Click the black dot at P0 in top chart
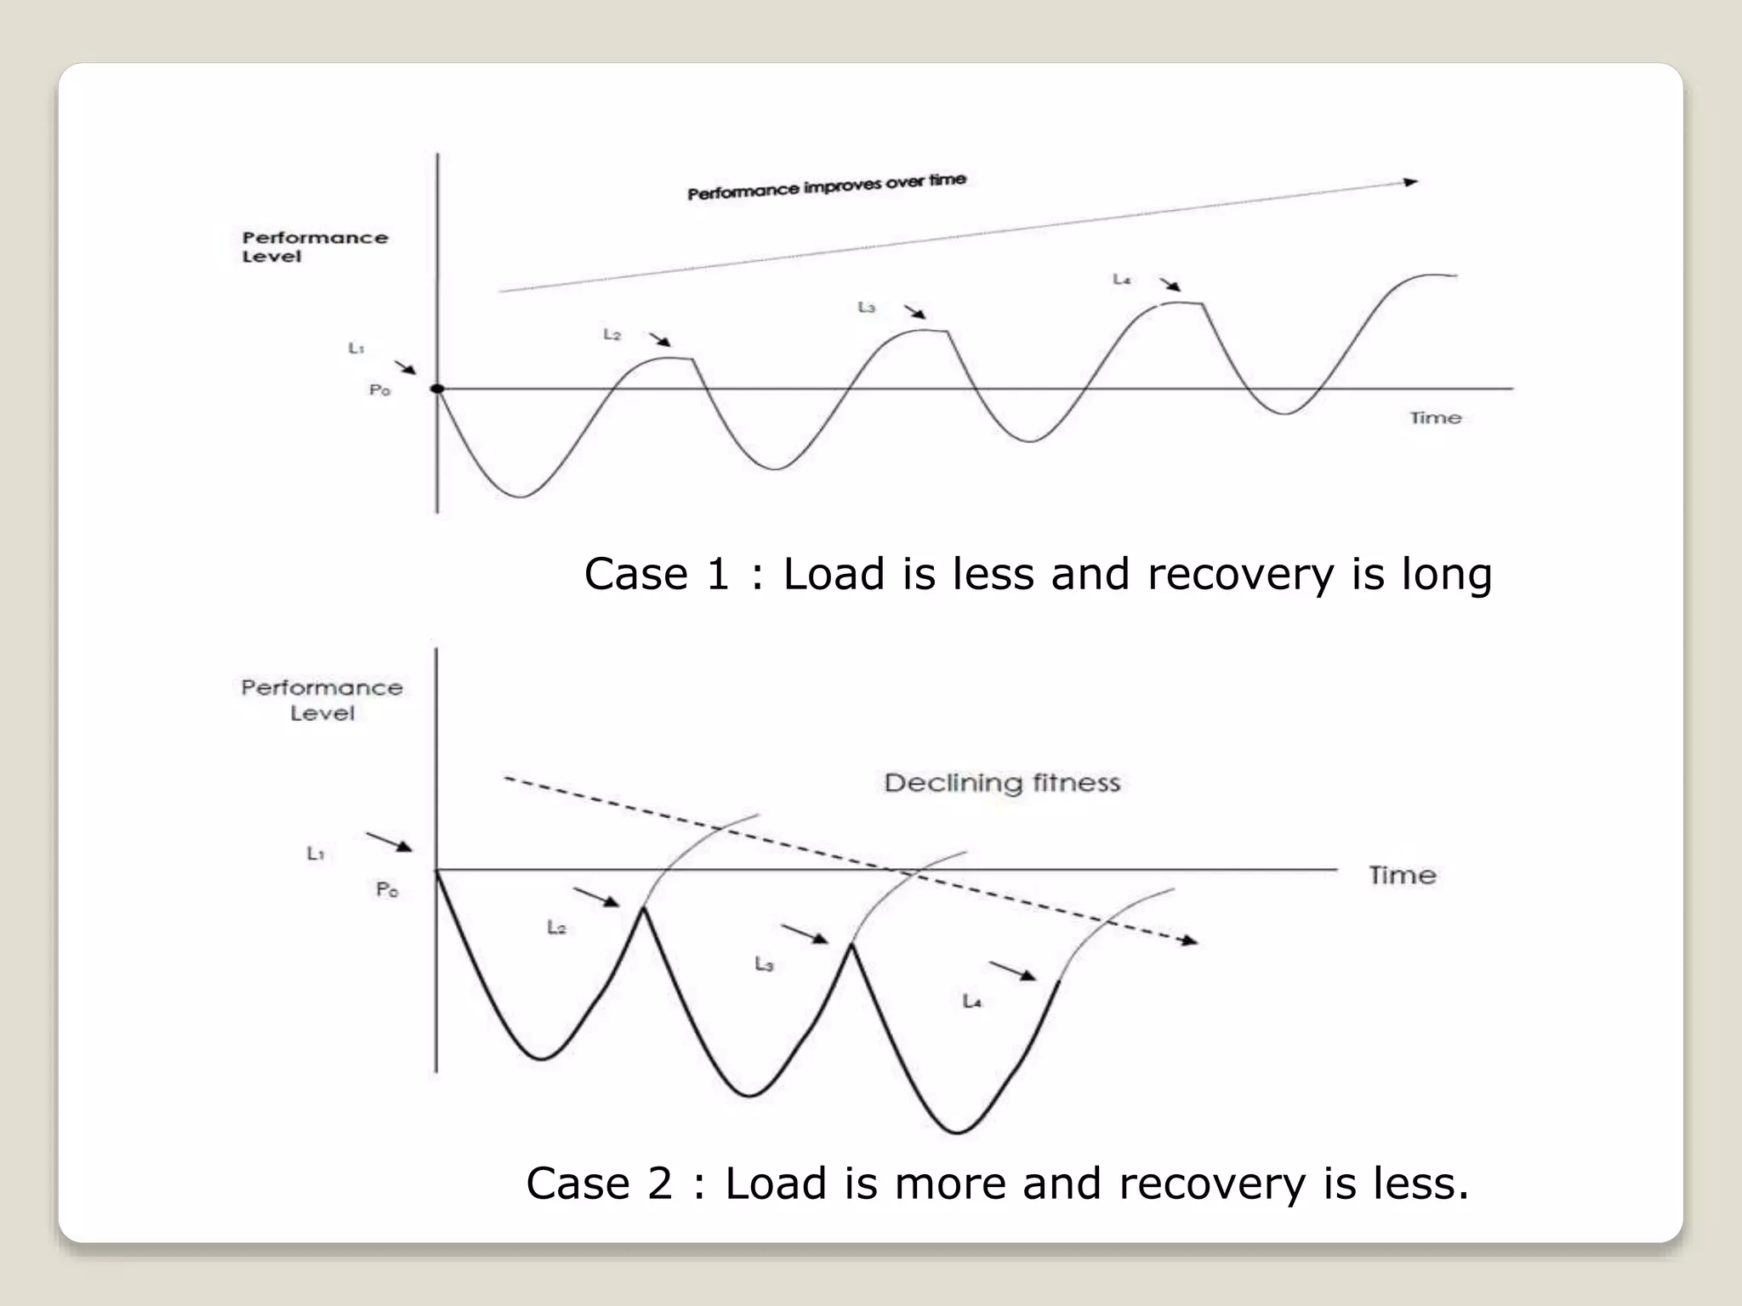tap(437, 389)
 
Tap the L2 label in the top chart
tap(612, 335)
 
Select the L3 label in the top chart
tap(866, 307)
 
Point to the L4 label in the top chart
tap(1121, 279)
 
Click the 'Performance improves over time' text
tap(826, 186)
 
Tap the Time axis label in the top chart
tap(1435, 418)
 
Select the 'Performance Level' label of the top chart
tap(314, 247)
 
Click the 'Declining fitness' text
tap(1001, 782)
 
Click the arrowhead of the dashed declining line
tap(1188, 940)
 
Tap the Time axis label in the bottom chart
tap(1402, 875)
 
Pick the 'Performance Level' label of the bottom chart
tap(322, 700)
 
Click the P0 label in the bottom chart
tap(386, 889)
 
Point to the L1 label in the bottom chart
tap(315, 853)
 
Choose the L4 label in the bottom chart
tap(971, 1002)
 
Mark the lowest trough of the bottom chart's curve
tap(956, 1133)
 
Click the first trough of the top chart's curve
tap(521, 497)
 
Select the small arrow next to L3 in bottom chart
tap(805, 934)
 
